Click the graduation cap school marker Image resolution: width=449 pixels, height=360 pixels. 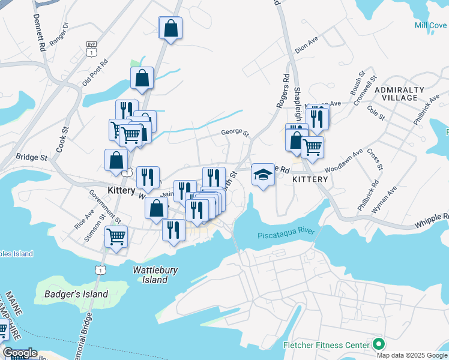tap(262, 175)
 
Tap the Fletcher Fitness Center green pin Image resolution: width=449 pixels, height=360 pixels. tap(378, 345)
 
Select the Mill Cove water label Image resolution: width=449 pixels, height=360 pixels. tap(430, 25)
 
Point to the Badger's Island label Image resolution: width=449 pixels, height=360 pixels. tap(76, 294)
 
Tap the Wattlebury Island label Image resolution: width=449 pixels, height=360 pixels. tap(155, 275)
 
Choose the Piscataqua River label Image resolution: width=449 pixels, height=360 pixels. tap(286, 235)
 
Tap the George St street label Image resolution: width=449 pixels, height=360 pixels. tap(234, 133)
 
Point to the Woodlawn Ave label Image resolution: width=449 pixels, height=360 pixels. tap(345, 158)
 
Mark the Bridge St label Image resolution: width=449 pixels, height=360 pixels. tap(31, 157)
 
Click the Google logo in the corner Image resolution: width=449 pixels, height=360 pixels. tap(20, 353)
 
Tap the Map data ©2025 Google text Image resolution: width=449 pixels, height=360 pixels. tap(412, 355)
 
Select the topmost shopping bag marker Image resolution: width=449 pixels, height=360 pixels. tap(170, 28)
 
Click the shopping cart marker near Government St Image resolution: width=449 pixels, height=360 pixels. tap(116, 236)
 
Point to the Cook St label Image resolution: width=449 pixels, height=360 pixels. tap(63, 139)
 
